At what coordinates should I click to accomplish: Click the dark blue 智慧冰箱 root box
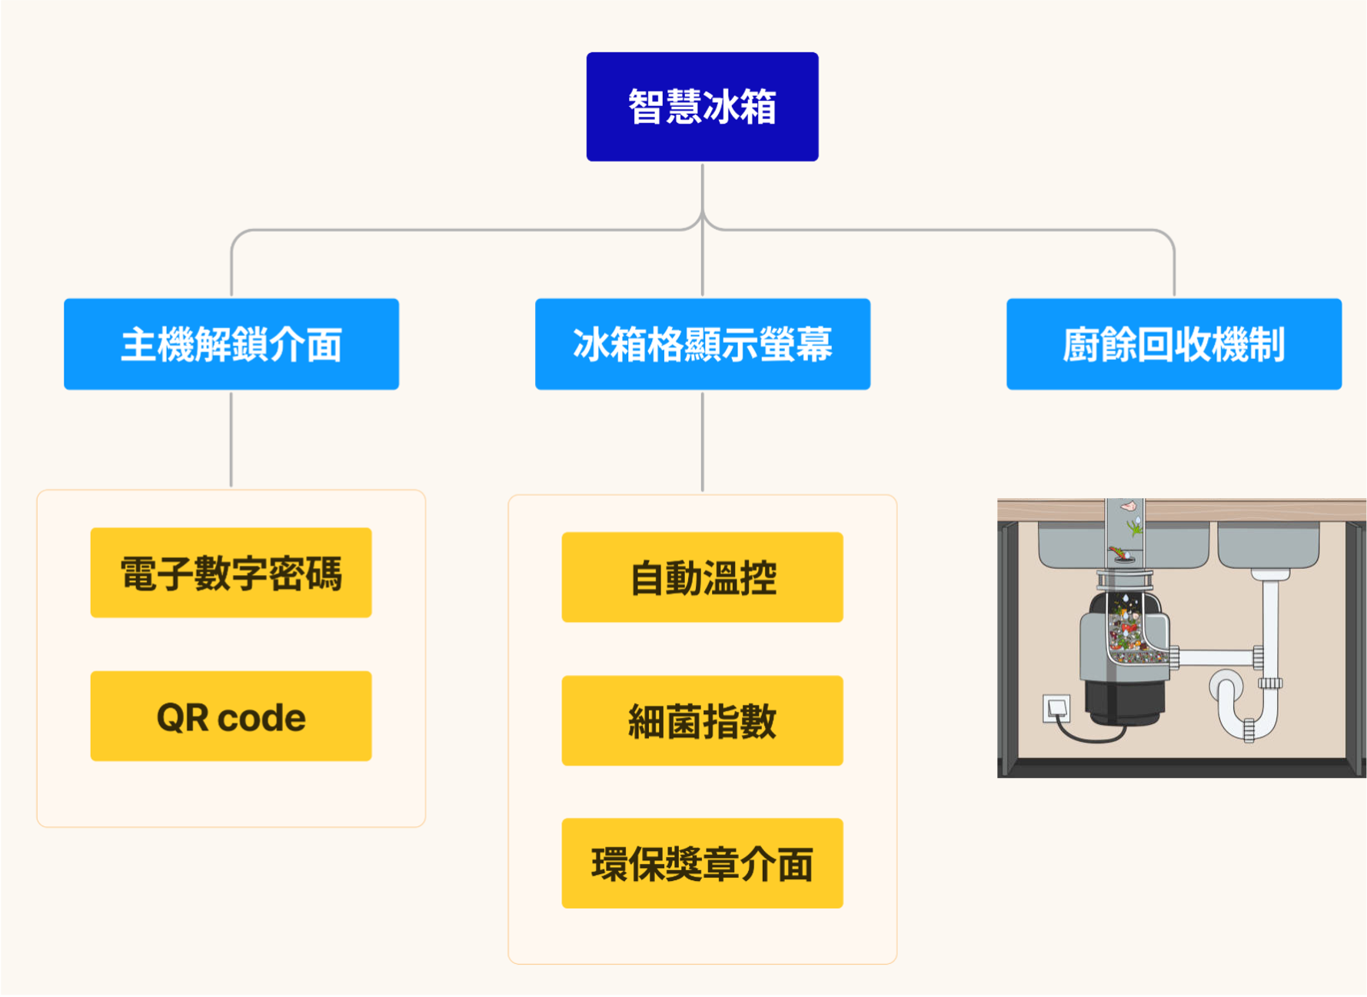point(702,107)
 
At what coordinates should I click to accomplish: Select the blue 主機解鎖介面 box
point(231,344)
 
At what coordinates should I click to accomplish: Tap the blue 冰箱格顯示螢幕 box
point(702,344)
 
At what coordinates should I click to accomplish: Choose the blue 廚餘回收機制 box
point(1173,344)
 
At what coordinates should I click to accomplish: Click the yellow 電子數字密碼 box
point(231,573)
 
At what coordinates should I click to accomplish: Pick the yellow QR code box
point(231,716)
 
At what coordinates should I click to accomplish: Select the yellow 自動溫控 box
point(702,577)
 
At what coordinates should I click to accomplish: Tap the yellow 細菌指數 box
point(702,721)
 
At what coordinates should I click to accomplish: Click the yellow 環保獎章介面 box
point(702,864)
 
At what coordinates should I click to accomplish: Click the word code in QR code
point(261,718)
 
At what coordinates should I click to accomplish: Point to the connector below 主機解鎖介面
point(231,438)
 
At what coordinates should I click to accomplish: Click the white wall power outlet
point(1056,707)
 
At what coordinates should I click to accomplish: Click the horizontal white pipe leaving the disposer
point(1215,657)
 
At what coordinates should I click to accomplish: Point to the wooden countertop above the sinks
point(1246,509)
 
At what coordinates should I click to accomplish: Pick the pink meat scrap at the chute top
point(1128,506)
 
